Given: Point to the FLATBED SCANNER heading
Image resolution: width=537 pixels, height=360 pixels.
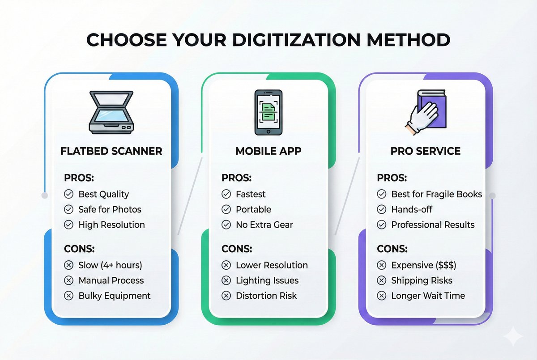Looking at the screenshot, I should (111, 151).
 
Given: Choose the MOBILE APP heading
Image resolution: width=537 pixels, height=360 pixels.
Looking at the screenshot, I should (268, 151).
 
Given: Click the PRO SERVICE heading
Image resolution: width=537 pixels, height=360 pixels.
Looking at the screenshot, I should (425, 151).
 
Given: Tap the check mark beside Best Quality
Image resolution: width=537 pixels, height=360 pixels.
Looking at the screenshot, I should (68, 194).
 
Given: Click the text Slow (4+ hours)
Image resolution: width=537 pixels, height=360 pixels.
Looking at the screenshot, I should (110, 265).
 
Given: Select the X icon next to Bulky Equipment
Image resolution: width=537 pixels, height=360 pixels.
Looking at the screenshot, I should (68, 296).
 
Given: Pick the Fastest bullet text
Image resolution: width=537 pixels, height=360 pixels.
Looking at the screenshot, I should (251, 194).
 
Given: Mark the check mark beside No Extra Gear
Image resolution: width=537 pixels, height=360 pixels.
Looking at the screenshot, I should (226, 224).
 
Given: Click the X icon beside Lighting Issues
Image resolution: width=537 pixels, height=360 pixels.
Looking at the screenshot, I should (226, 280).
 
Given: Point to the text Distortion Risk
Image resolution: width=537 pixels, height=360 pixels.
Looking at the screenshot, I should (266, 296).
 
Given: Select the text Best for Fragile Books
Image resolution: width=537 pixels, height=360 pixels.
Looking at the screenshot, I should (436, 194).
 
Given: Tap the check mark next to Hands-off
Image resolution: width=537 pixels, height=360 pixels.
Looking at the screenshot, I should (381, 209).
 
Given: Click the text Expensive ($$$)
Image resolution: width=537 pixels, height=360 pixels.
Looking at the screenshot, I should (423, 265).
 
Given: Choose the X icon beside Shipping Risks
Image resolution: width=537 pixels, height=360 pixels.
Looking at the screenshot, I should (381, 280).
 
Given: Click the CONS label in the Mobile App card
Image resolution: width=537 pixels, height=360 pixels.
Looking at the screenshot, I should (237, 249).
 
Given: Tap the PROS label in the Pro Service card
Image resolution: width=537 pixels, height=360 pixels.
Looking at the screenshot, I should (392, 178).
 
